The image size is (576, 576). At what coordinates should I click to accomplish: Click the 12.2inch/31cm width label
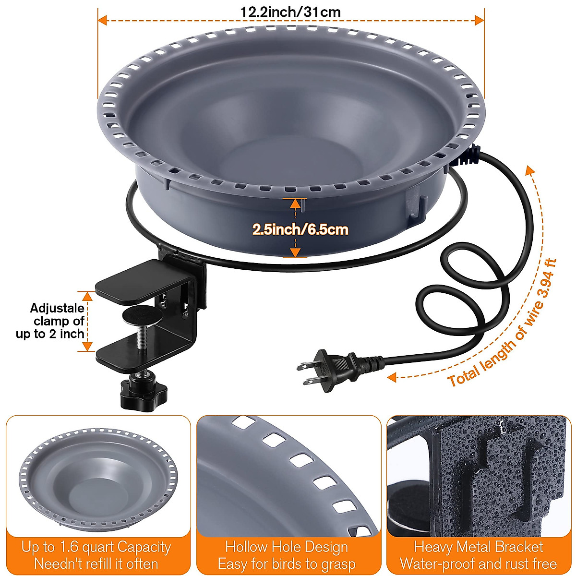(290, 11)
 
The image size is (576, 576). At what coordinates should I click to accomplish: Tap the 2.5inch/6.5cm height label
(300, 229)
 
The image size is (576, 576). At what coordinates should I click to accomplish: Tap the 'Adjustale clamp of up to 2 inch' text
(51, 321)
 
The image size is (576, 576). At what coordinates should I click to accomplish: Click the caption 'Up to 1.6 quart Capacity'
(96, 547)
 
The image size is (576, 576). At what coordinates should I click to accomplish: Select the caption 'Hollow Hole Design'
(287, 547)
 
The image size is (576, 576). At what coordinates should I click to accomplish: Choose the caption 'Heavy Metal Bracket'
(479, 547)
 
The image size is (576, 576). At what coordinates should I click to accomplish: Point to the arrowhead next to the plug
(392, 377)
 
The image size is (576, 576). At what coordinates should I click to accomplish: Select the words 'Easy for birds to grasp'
(287, 564)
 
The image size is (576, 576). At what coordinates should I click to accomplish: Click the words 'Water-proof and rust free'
(479, 564)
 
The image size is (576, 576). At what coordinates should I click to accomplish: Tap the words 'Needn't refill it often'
(96, 564)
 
